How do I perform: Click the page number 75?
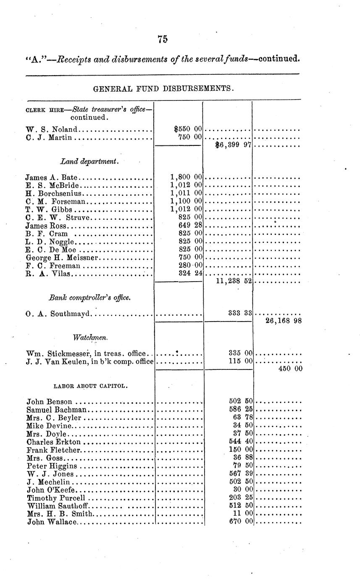[163, 39]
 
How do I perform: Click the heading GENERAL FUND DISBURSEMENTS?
[163, 89]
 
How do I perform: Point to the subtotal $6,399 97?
[233, 146]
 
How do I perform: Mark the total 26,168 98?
[284, 321]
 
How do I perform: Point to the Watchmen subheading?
[90, 337]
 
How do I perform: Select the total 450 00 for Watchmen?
[290, 369]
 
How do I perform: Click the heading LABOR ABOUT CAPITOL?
[91, 385]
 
